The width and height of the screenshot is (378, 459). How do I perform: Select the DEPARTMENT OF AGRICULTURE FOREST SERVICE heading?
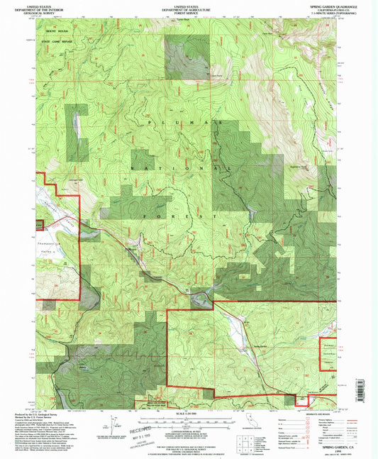[x=189, y=8]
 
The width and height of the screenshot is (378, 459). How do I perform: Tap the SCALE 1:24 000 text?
[x=189, y=412]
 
